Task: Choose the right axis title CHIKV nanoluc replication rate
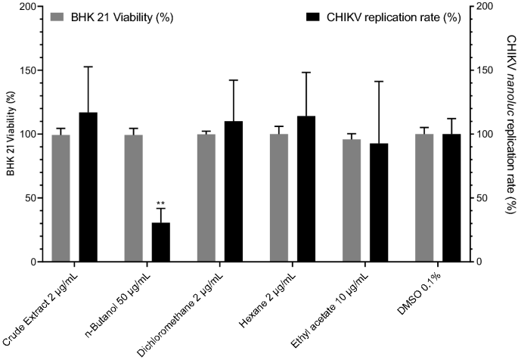pos(509,135)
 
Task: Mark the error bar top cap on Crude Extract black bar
pos(88,67)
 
